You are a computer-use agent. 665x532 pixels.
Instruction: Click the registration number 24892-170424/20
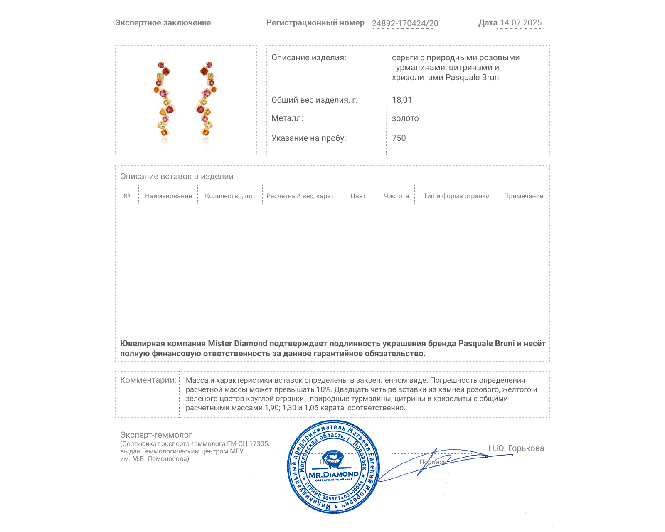(x=405, y=23)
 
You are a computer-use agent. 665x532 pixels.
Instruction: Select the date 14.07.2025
(x=521, y=23)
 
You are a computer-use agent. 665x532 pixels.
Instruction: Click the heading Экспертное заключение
(x=163, y=23)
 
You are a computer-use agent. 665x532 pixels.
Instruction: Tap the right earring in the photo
(x=206, y=100)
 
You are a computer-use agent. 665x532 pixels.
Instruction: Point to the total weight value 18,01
(x=401, y=100)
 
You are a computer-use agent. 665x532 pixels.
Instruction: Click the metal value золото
(x=405, y=118)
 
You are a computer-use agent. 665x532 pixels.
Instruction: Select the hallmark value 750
(x=399, y=138)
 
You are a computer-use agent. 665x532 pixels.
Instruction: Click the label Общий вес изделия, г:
(x=314, y=100)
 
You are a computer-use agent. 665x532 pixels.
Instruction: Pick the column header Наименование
(x=168, y=196)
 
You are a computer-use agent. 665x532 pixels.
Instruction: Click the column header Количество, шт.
(x=230, y=196)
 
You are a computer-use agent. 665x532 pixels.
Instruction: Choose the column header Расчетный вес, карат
(x=300, y=196)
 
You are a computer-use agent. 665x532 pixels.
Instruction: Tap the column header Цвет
(x=358, y=196)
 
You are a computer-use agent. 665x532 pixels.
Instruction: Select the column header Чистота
(x=396, y=196)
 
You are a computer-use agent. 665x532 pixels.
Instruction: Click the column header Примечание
(x=523, y=196)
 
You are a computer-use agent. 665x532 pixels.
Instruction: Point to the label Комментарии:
(x=148, y=380)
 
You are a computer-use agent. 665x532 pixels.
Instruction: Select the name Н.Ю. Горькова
(x=516, y=448)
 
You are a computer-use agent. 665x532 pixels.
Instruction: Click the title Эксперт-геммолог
(x=156, y=435)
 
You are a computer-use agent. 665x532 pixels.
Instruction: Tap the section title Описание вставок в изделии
(x=177, y=177)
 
